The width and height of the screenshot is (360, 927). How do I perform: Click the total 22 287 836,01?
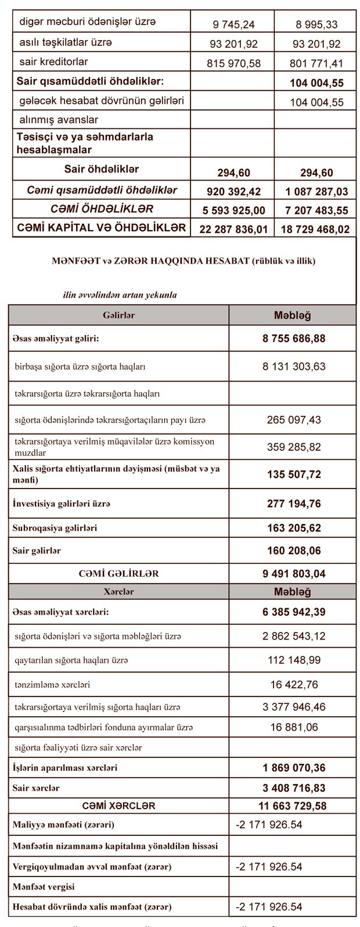233,229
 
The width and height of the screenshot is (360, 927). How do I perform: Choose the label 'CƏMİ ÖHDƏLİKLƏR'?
102,209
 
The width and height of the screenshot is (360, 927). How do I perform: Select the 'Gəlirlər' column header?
118,315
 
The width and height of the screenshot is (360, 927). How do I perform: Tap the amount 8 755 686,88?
293,339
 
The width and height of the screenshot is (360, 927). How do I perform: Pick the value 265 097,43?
293,419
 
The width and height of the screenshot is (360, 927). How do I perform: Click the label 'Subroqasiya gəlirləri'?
55,528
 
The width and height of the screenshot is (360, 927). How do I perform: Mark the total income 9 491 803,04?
293,573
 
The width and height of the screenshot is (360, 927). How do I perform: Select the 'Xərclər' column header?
118,591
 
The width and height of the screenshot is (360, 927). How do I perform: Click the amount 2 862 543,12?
293,636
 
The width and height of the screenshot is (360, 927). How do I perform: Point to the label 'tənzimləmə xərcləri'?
52,685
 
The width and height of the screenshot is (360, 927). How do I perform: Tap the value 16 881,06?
293,727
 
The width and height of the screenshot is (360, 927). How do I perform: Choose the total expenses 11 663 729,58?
293,806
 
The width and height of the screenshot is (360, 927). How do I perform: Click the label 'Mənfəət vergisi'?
44,887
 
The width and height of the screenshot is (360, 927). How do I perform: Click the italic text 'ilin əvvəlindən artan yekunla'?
120,294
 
